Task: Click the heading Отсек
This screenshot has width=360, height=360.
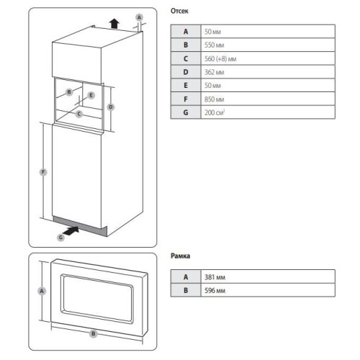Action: (x=179, y=11)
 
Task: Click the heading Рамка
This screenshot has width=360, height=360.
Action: (x=180, y=256)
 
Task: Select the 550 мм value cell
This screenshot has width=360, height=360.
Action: (x=268, y=45)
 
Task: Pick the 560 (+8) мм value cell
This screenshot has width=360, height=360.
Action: (x=268, y=58)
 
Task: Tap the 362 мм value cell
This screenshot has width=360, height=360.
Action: (x=268, y=72)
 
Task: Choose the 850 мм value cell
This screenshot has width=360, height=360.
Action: (x=268, y=99)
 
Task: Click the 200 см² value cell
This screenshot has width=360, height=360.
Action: (x=268, y=112)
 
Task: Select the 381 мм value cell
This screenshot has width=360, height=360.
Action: (x=268, y=276)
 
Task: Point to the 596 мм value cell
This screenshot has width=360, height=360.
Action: (x=268, y=290)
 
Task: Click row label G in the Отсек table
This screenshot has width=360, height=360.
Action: (x=186, y=112)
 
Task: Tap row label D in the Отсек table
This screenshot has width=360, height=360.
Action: (x=186, y=72)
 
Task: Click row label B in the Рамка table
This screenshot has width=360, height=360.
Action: (x=186, y=290)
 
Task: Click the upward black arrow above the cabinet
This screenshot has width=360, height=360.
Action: (x=114, y=24)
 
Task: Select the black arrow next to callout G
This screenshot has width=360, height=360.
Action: (x=71, y=231)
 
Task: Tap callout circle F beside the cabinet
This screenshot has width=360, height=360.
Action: (x=43, y=172)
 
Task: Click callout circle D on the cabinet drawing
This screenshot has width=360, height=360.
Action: (x=111, y=107)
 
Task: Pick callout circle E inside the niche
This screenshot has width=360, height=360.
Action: (x=91, y=95)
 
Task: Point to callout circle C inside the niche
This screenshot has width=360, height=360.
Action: (x=79, y=114)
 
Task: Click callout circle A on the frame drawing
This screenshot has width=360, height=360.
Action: (x=42, y=291)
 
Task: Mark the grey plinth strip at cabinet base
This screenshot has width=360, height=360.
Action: (x=80, y=226)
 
